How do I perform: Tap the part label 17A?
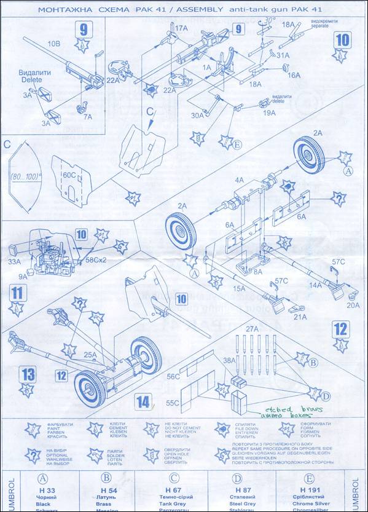(182, 28)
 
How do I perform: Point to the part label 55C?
(173, 403)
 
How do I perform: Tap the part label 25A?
(92, 355)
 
